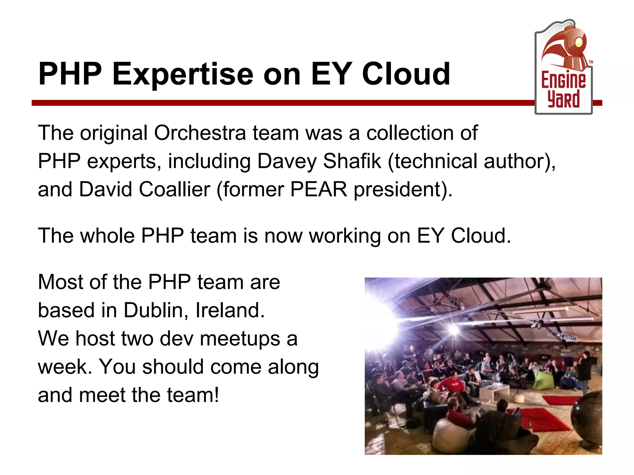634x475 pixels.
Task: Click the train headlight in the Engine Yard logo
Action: (579, 42)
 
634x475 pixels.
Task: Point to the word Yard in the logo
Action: (563, 99)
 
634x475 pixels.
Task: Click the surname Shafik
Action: (352, 161)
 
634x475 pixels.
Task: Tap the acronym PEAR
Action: (319, 189)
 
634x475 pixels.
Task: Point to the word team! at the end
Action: (193, 395)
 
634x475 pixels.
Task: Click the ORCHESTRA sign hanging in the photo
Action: (562, 336)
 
